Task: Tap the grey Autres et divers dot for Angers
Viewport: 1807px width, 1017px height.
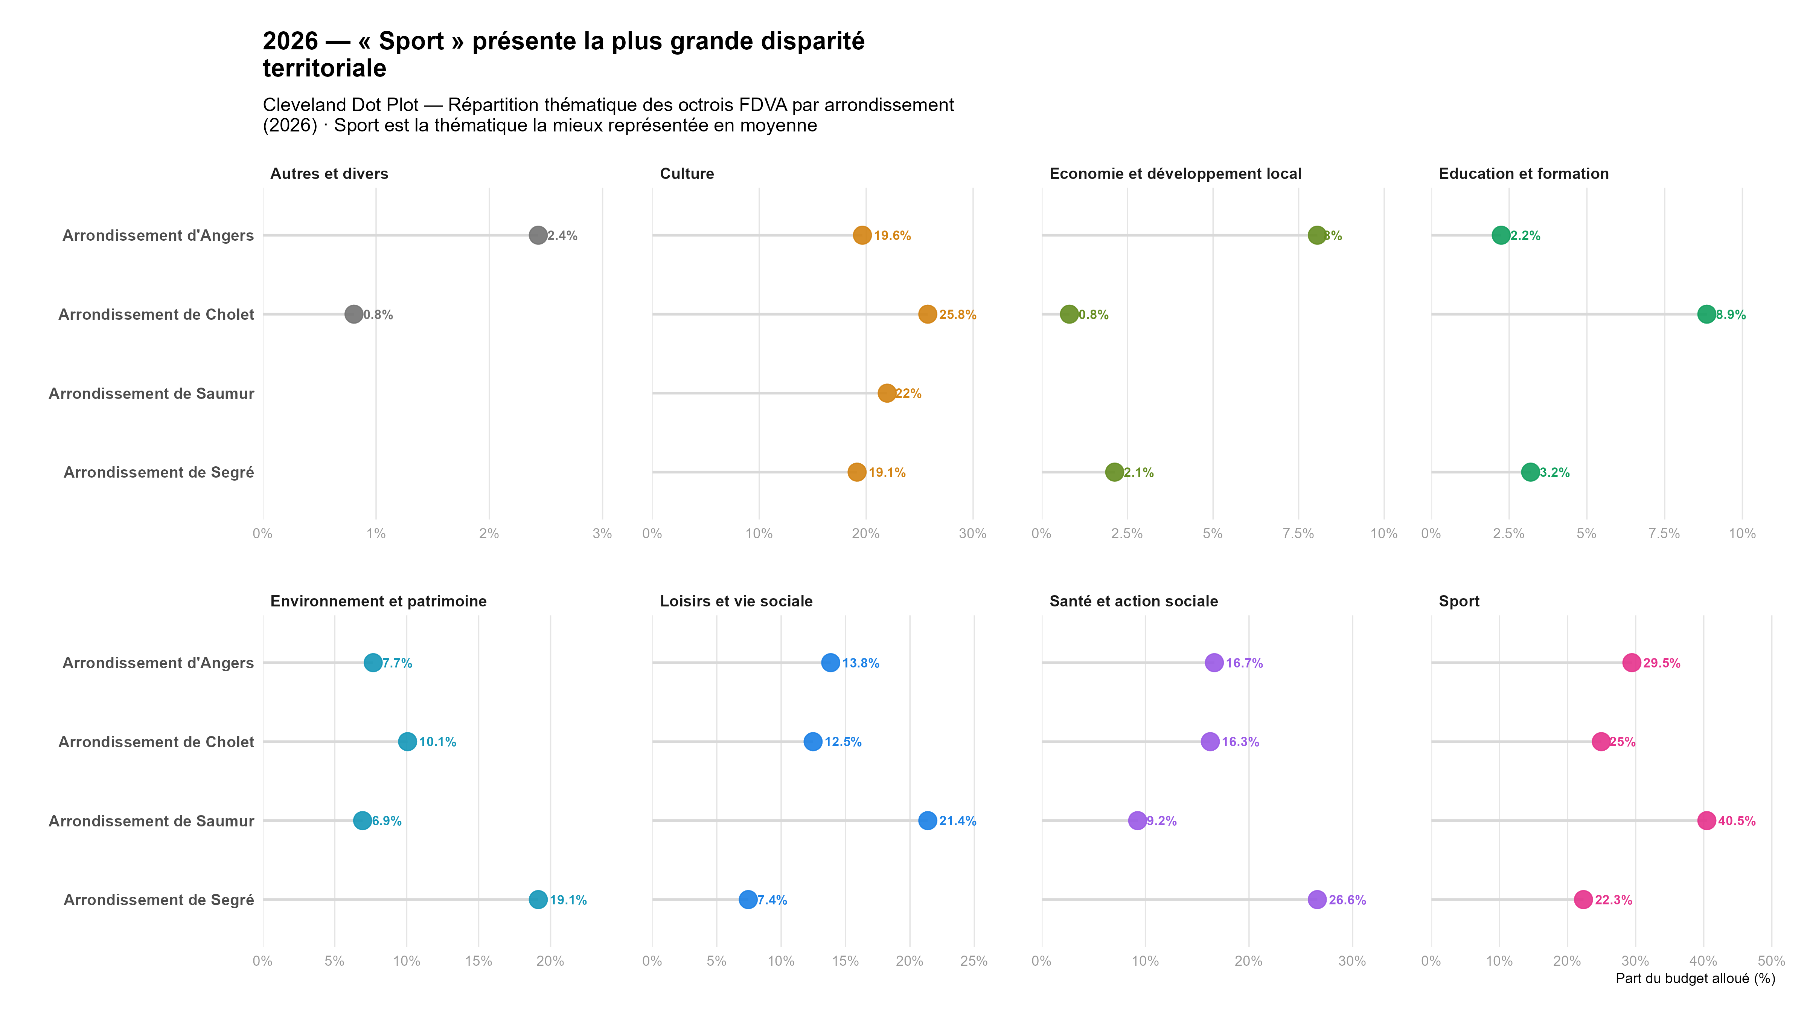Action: (537, 235)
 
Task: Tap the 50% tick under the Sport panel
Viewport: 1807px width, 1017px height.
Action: (1770, 961)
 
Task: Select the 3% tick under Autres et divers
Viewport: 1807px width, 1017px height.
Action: (602, 533)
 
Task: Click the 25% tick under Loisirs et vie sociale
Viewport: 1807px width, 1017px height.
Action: (974, 961)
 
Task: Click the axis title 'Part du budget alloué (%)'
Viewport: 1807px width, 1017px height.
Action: (1695, 979)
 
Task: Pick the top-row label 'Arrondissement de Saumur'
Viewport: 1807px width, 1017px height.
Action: (151, 394)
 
